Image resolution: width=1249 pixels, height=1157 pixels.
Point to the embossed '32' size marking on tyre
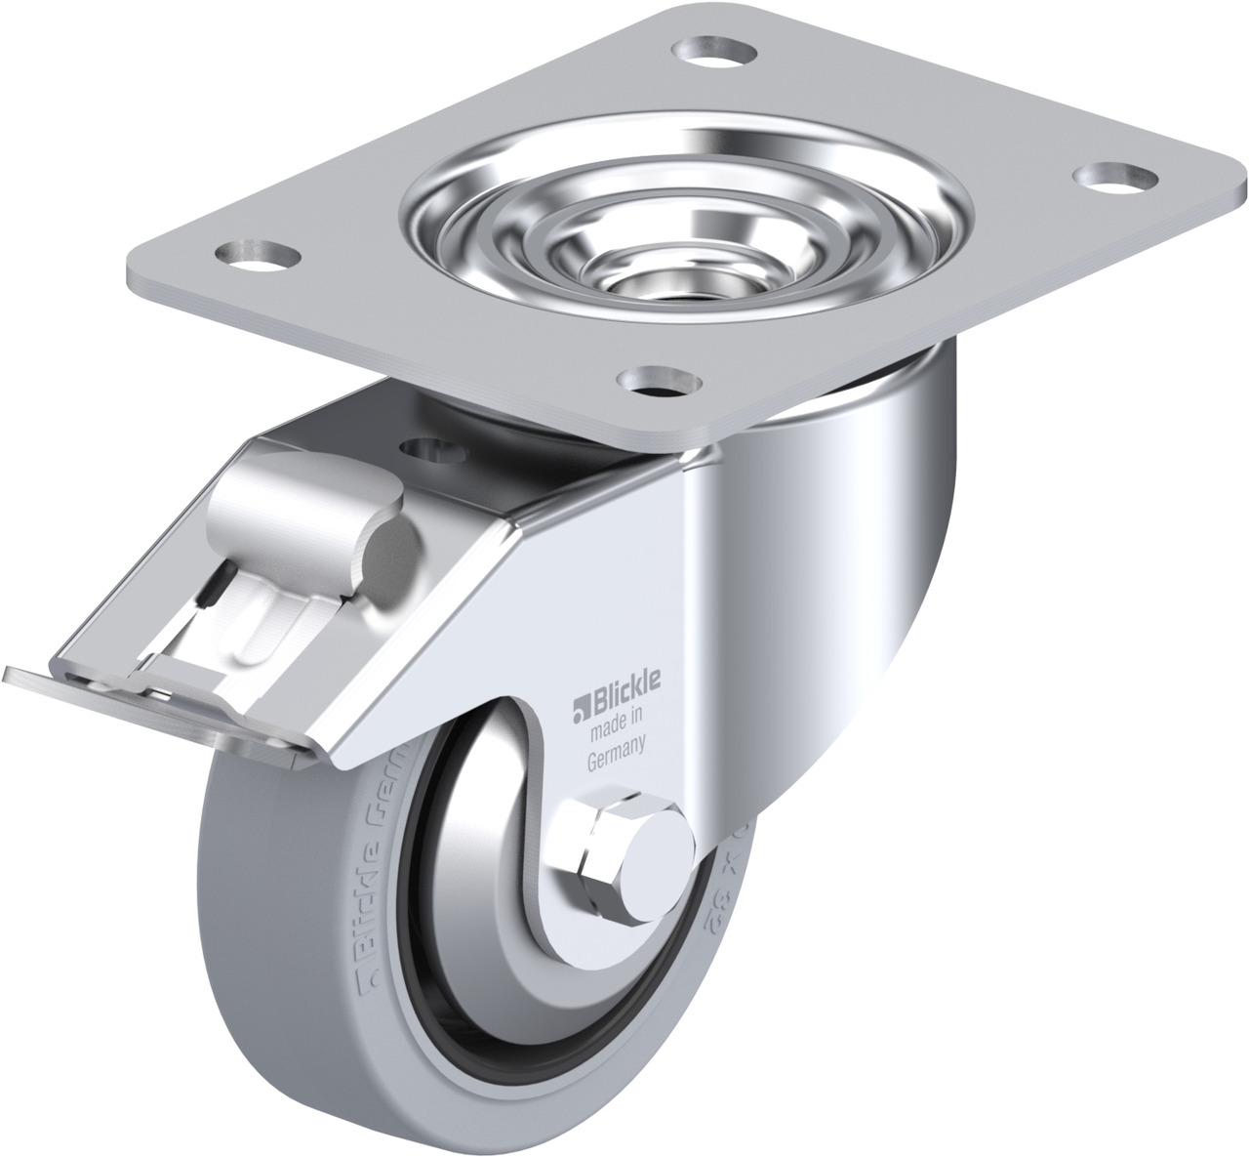point(706,888)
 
